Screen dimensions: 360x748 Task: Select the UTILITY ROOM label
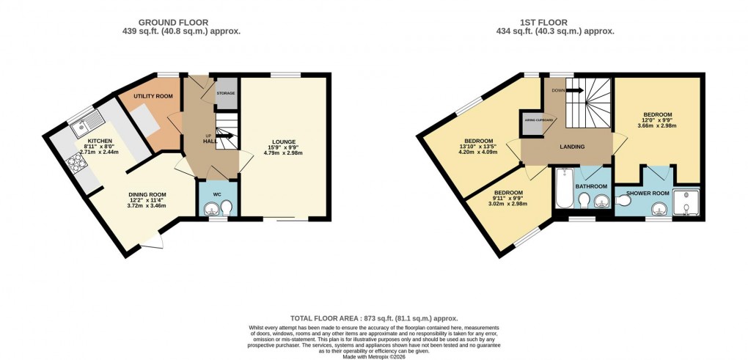(153, 97)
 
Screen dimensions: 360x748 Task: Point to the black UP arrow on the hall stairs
(227, 136)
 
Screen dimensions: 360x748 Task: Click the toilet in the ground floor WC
(227, 207)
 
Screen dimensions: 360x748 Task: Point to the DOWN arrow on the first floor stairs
(572, 90)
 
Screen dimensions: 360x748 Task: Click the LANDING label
(572, 147)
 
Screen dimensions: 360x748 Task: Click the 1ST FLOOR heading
(554, 22)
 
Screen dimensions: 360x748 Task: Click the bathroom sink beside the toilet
(602, 201)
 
